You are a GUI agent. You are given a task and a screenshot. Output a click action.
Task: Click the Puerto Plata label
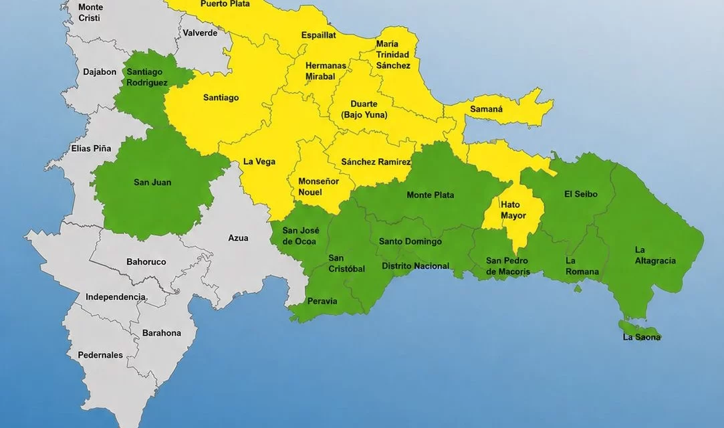pos(225,4)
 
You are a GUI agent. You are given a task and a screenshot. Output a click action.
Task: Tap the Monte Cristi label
pos(90,12)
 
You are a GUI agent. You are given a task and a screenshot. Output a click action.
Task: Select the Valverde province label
pos(200,33)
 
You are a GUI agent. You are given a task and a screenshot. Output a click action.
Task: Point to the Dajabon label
pos(100,72)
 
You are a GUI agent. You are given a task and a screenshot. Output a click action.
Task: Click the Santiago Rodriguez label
pos(147,77)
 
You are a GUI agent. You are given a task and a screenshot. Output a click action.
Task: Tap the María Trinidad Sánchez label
pos(393,55)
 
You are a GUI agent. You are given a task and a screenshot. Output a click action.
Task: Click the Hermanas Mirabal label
pos(326,71)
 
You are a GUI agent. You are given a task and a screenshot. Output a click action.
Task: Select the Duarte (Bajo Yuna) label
pos(364,109)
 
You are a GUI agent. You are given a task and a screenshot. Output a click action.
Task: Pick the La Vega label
pos(259,161)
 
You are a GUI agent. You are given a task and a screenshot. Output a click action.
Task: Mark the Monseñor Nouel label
pos(318,187)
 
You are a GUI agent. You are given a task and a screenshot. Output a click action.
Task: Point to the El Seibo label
pos(580,194)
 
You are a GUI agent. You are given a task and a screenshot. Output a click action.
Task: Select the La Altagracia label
pos(654,255)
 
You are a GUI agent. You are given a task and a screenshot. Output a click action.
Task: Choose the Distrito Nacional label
pos(415,266)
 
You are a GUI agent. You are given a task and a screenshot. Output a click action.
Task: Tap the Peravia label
pos(322,301)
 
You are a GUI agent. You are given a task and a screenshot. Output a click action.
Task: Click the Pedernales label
pos(100,355)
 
